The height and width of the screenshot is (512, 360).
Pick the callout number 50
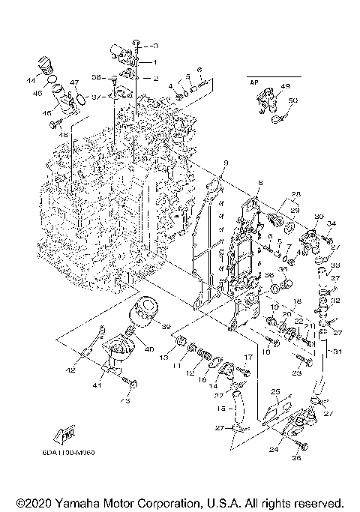click(x=292, y=100)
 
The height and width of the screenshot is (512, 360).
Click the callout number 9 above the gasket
click(x=226, y=163)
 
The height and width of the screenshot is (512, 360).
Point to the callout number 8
click(x=260, y=184)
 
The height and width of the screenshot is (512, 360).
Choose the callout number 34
click(x=331, y=223)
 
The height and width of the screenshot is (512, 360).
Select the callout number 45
click(x=37, y=93)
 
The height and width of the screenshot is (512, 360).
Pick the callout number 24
click(x=274, y=450)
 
